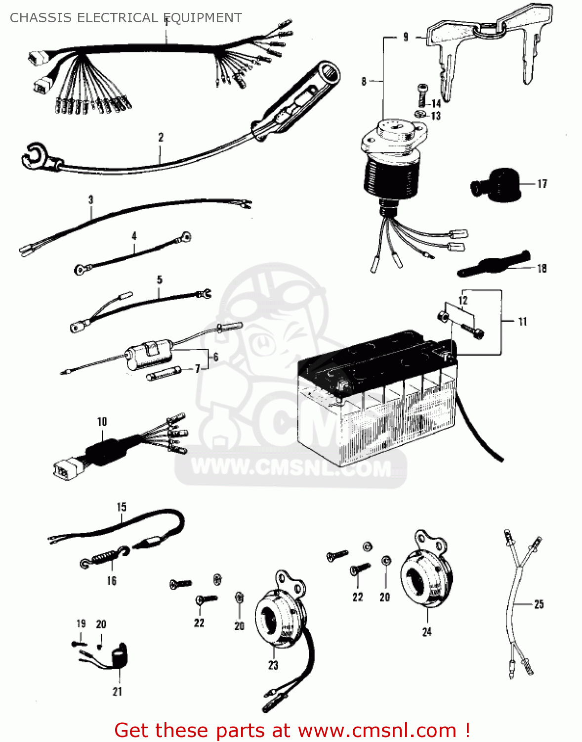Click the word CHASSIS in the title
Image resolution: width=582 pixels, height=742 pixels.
coord(34,18)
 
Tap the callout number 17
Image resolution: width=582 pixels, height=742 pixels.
coord(542,184)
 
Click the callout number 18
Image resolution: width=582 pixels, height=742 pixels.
coord(541,268)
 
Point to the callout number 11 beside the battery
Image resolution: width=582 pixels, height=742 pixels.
coord(523,322)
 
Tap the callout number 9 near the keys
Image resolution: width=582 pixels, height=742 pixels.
coord(406,37)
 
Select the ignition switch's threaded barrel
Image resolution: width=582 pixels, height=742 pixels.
coord(392,173)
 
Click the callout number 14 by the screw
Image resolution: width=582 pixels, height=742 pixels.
coord(436,103)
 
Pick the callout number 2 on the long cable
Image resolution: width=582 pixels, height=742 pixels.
coord(161,138)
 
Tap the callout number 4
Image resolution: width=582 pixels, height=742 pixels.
coord(134,236)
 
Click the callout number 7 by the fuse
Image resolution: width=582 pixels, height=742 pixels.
coord(198,369)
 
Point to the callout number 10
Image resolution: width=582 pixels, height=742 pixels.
coord(102,421)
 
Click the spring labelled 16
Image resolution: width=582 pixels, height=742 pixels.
coord(105,557)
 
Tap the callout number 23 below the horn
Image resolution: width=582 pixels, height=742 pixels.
coord(273,665)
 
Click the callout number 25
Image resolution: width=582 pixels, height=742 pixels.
coord(539,604)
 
